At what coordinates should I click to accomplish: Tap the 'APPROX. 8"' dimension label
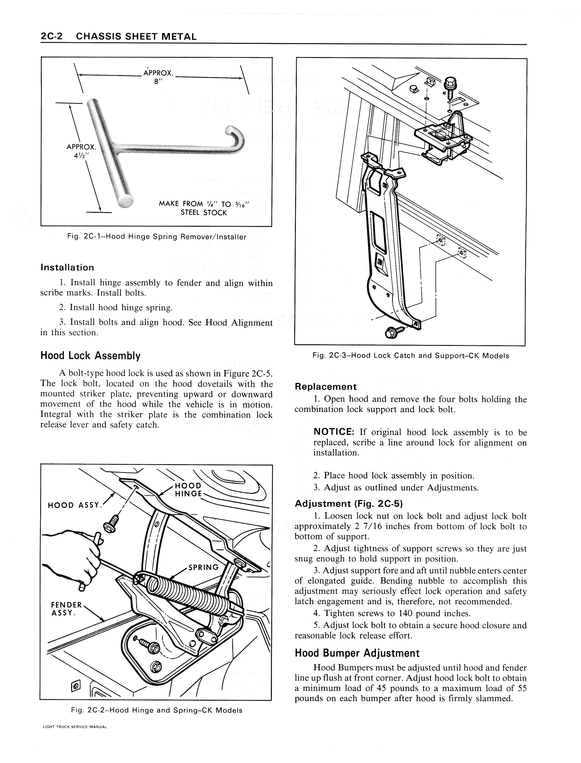(158, 77)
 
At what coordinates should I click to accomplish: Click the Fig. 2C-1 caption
(157, 237)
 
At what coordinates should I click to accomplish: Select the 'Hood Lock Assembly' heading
(90, 356)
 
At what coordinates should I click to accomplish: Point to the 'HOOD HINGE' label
(188, 490)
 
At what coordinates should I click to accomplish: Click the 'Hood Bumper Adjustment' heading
(357, 653)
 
